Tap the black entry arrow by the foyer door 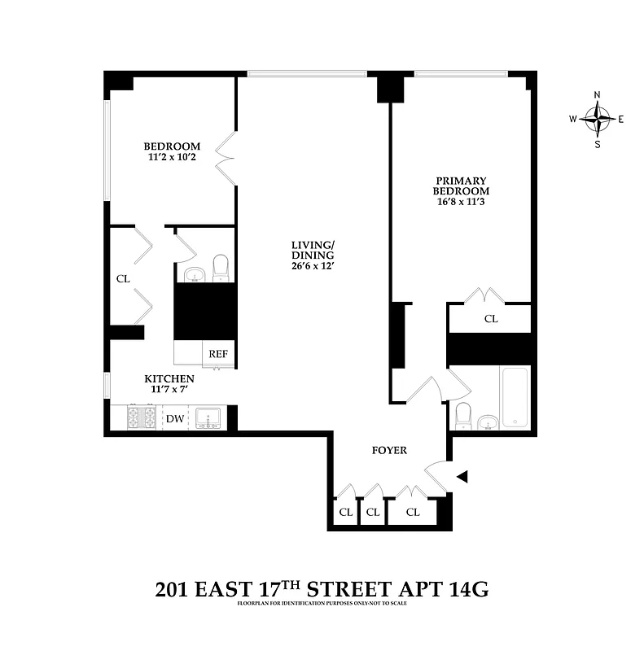click(x=462, y=477)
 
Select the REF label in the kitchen click(x=218, y=354)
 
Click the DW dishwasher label click(x=175, y=419)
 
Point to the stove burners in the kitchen click(x=144, y=418)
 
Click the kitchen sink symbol click(x=208, y=418)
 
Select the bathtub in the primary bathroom click(x=515, y=398)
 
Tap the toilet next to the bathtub click(x=462, y=415)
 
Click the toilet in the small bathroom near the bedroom click(x=221, y=269)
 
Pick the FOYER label click(x=389, y=450)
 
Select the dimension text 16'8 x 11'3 click(x=460, y=201)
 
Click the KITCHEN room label click(x=169, y=378)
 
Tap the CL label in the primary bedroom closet click(x=491, y=319)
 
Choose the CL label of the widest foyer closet click(x=413, y=512)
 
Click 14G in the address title click(x=465, y=589)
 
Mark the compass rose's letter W click(x=573, y=120)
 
